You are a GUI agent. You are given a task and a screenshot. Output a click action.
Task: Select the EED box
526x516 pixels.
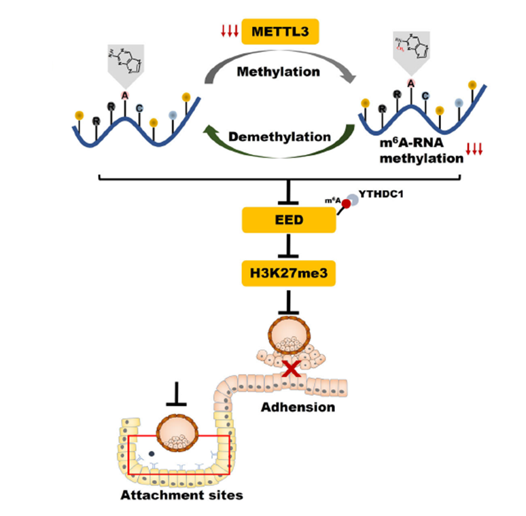tap(289, 220)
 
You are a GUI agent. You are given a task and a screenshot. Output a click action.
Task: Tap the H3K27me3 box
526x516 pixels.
tap(289, 274)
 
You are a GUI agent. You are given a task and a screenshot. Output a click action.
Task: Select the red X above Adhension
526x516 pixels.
tap(292, 370)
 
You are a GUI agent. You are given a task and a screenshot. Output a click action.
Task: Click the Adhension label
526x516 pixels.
tap(300, 407)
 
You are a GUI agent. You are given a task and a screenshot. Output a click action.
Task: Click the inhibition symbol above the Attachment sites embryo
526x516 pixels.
tap(177, 394)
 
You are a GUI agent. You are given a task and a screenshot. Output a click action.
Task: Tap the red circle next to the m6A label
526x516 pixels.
tap(345, 204)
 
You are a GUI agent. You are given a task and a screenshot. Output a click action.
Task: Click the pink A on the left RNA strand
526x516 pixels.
tap(125, 95)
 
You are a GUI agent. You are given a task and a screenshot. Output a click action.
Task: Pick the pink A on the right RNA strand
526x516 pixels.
tap(410, 83)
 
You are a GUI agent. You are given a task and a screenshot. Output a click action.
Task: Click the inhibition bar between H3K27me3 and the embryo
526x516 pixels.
tap(289, 302)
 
